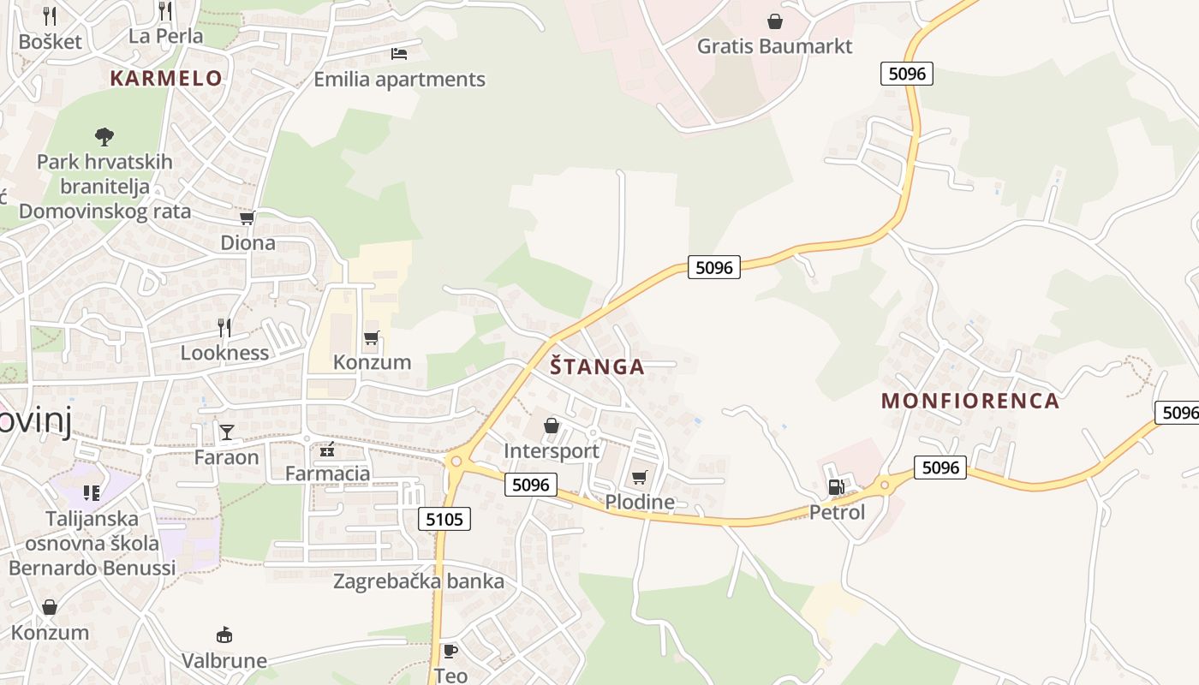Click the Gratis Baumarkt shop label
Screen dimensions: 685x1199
pyautogui.click(x=775, y=46)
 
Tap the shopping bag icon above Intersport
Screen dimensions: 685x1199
pyautogui.click(x=552, y=426)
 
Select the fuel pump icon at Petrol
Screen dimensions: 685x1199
pyautogui.click(x=836, y=487)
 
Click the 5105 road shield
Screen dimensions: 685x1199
pyautogui.click(x=445, y=519)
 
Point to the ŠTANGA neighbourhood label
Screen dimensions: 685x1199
pyautogui.click(x=597, y=367)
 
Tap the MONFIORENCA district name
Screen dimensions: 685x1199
pyautogui.click(x=970, y=401)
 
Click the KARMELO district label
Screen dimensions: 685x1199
pyautogui.click(x=166, y=79)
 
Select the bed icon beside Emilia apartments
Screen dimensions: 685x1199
pyautogui.click(x=399, y=54)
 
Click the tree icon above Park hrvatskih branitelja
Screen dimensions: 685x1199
pyautogui.click(x=104, y=136)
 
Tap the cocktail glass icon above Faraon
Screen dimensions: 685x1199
pyautogui.click(x=226, y=432)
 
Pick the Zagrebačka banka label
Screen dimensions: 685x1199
pyautogui.click(x=419, y=581)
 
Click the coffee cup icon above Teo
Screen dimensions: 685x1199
pyautogui.click(x=450, y=652)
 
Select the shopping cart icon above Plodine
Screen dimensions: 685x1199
pyautogui.click(x=640, y=477)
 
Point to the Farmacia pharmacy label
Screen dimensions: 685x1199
pyautogui.click(x=327, y=474)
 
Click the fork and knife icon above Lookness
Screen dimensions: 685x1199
pyautogui.click(x=224, y=327)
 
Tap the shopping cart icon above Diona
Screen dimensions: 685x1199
pyautogui.click(x=248, y=218)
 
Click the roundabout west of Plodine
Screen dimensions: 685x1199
pyautogui.click(x=456, y=462)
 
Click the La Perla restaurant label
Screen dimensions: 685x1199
pyautogui.click(x=166, y=36)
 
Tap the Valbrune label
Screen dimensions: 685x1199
pyautogui.click(x=224, y=661)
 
